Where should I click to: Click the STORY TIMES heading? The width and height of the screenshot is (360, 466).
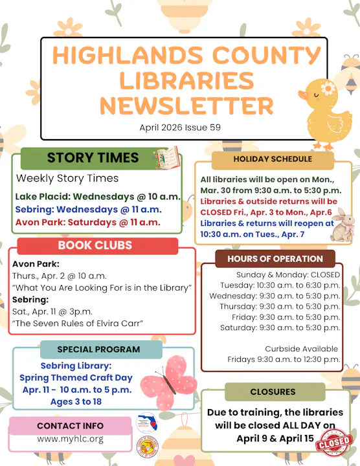click(x=93, y=158)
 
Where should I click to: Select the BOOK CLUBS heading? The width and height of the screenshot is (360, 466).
click(x=95, y=245)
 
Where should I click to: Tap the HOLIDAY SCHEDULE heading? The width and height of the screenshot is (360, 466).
click(x=272, y=159)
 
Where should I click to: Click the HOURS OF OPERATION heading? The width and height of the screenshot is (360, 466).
click(x=275, y=259)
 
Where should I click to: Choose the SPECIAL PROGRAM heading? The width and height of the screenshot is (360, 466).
click(x=98, y=349)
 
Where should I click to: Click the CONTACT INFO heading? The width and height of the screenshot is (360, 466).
click(x=70, y=426)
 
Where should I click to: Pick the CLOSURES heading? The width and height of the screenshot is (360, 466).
click(x=273, y=392)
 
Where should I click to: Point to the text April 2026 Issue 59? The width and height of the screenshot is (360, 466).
click(x=180, y=128)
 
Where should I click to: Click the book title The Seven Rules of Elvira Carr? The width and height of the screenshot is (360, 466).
click(x=78, y=324)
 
